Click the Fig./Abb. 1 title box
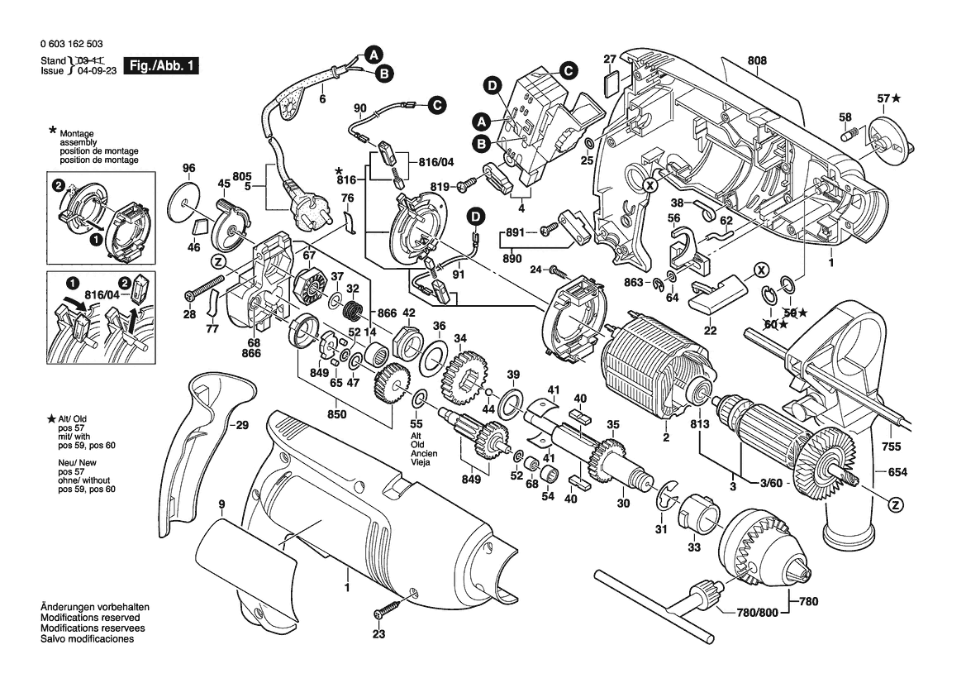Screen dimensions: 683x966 pyautogui.click(x=160, y=65)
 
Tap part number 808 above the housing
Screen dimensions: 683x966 pyautogui.click(x=757, y=60)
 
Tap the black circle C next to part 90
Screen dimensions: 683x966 pyautogui.click(x=435, y=104)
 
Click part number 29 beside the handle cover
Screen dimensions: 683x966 pyautogui.click(x=240, y=426)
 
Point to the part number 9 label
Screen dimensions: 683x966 pyautogui.click(x=221, y=504)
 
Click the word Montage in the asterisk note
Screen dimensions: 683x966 pyautogui.click(x=77, y=134)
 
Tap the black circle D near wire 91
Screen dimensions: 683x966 pyautogui.click(x=476, y=217)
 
